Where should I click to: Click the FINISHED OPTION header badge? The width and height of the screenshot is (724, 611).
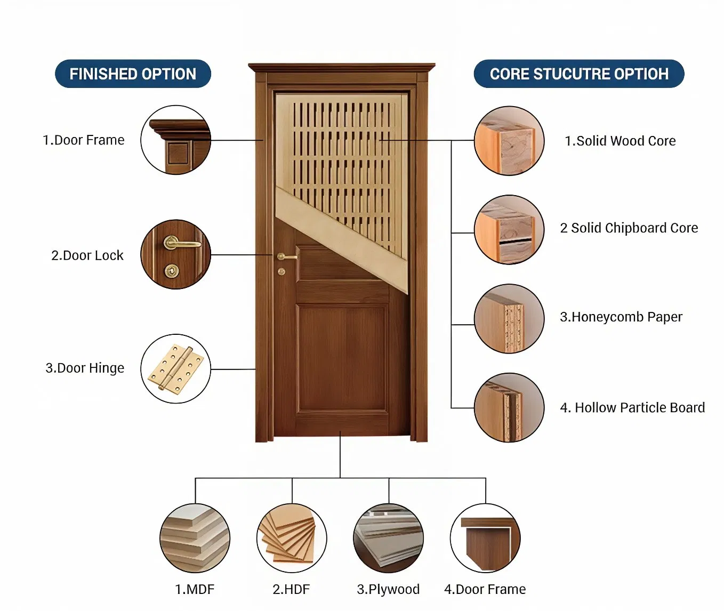[x=133, y=74]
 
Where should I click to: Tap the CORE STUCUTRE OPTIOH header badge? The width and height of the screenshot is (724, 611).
[x=578, y=74]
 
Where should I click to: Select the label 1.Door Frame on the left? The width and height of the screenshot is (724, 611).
[x=84, y=140]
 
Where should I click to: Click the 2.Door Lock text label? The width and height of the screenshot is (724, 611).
[x=87, y=255]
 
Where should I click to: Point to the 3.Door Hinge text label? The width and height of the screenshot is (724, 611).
[x=85, y=368]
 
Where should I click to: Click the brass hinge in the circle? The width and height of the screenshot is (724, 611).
[x=176, y=369]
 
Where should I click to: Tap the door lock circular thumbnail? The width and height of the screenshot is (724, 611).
[x=176, y=254]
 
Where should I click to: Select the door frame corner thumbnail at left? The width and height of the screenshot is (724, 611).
[x=176, y=140]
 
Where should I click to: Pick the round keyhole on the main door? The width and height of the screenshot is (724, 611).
[x=281, y=272]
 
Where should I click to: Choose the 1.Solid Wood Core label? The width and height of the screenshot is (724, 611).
[x=620, y=141]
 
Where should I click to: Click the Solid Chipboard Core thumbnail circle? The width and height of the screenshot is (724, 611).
[x=509, y=230]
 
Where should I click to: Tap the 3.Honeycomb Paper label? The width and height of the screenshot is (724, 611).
[x=621, y=317]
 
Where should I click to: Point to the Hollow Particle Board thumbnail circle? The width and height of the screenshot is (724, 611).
[x=509, y=408]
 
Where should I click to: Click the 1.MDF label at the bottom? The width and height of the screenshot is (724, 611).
[x=195, y=589]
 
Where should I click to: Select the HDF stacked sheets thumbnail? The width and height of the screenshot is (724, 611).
[x=292, y=538]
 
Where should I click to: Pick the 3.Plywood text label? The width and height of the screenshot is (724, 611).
[x=388, y=589]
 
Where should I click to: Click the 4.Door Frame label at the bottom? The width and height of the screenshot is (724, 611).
[x=485, y=589]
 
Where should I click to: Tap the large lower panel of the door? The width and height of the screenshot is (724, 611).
[x=341, y=358]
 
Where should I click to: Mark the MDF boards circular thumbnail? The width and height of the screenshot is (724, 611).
[x=195, y=538]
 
